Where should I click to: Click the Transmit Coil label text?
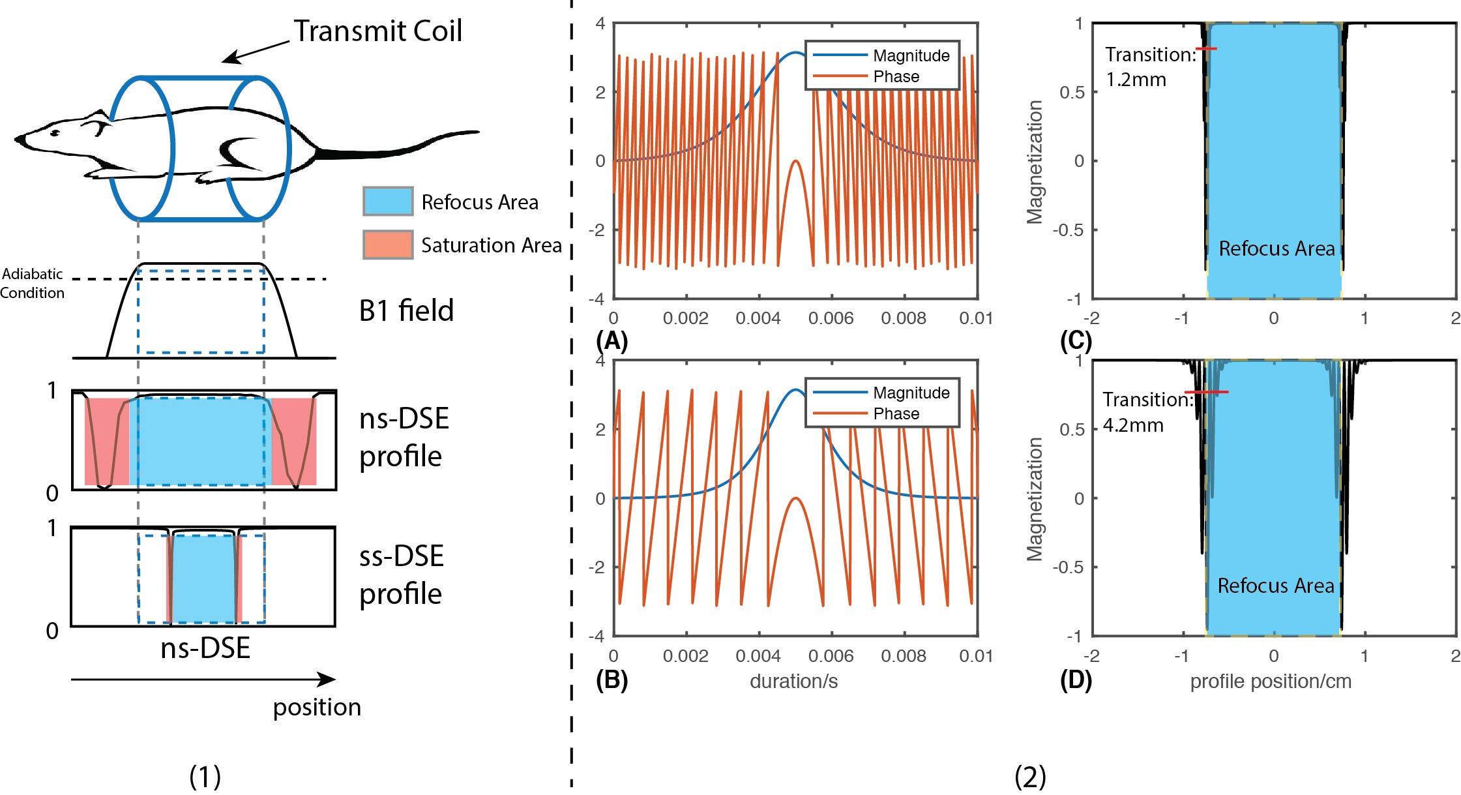[x=377, y=31]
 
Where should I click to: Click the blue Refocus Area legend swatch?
[x=388, y=201]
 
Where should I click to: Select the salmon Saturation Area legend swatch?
[x=388, y=245]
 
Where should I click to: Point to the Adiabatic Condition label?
[x=32, y=283]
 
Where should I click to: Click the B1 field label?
[x=406, y=310]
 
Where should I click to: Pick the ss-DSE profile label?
[x=401, y=575]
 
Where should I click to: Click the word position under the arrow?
[x=317, y=707]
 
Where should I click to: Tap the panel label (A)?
[x=612, y=340]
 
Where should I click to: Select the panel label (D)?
[x=1076, y=680]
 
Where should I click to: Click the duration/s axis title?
[x=793, y=682]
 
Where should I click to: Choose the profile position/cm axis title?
[x=1271, y=682]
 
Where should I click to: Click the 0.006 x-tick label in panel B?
[x=831, y=656]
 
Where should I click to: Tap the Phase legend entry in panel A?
[x=896, y=76]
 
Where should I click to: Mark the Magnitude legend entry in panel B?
[x=911, y=393]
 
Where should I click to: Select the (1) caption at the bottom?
[x=205, y=776]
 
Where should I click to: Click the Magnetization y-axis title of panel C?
[x=1035, y=162]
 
